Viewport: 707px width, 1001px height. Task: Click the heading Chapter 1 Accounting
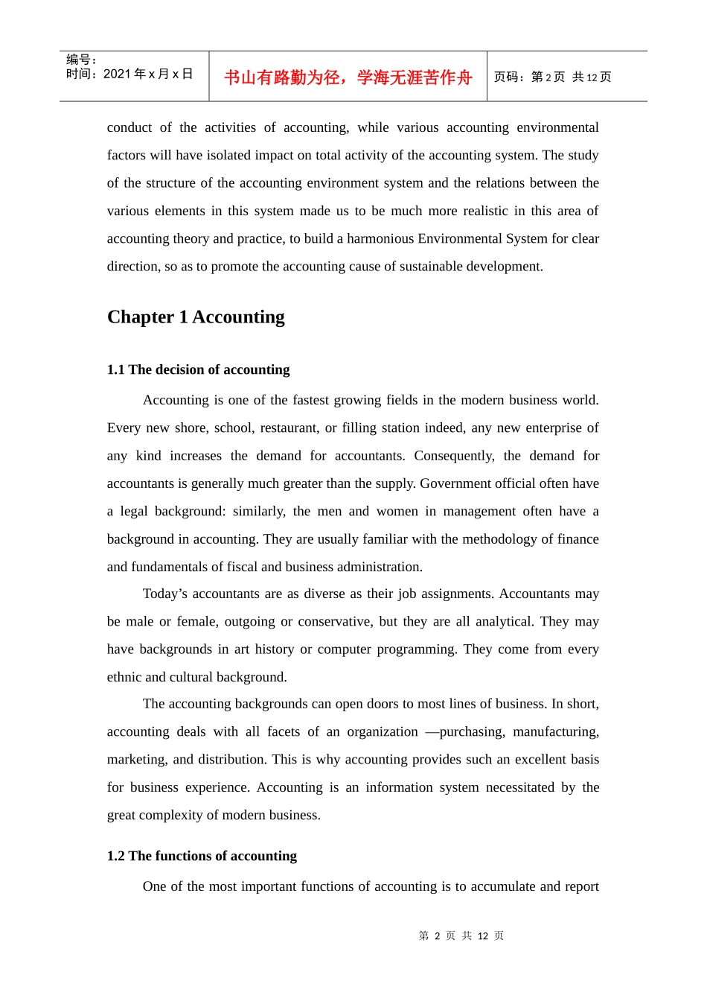point(196,317)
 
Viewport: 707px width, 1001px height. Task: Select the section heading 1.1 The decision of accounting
point(198,369)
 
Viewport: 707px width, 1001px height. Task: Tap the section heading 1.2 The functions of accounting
point(202,856)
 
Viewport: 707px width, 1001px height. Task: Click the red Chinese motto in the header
point(348,77)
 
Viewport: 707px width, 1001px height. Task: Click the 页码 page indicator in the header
point(552,77)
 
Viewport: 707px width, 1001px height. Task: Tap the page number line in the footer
point(461,935)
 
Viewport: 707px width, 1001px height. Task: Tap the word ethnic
point(124,677)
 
